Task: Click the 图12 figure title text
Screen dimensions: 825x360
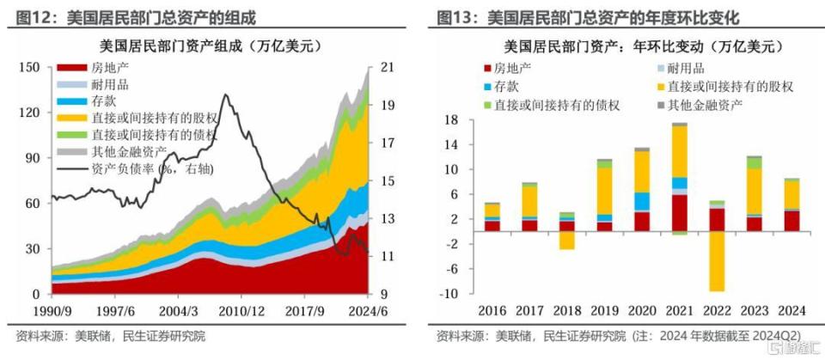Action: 136,18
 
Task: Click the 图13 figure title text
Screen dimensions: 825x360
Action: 588,18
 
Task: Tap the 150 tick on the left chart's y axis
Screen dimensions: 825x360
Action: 30,67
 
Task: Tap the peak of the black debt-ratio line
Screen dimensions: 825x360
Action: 226,95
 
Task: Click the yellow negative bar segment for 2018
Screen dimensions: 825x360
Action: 566,241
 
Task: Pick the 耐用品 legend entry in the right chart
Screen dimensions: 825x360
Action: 681,69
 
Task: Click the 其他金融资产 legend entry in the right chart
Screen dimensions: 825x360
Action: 700,104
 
